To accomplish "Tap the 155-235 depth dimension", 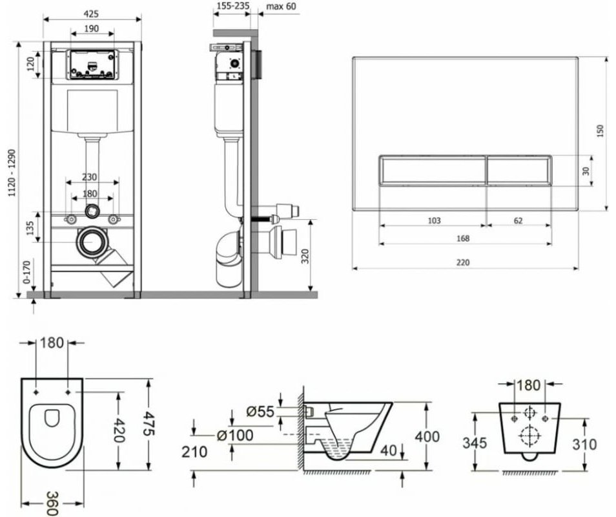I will point(232,6).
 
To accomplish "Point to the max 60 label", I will point(282,6).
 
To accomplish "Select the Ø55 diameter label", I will point(260,410).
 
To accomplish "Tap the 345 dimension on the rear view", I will point(476,444).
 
